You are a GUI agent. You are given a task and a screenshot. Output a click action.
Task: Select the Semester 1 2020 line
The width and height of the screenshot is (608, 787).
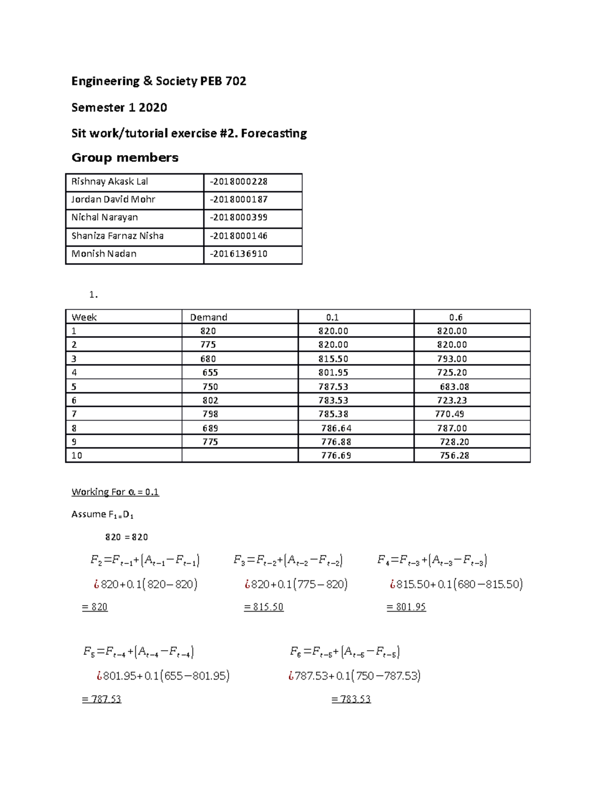point(119,107)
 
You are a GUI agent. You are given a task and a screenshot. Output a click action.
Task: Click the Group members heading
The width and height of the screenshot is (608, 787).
point(125,158)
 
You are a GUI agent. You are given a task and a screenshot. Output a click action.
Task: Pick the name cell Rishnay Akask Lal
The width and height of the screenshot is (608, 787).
point(109,181)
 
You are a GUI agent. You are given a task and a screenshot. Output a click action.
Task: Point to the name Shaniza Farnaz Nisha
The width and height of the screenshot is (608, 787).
point(117,236)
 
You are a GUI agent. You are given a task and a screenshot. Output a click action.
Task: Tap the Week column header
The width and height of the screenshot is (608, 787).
point(84,317)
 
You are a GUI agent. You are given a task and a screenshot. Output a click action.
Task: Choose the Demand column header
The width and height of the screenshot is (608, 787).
point(208,317)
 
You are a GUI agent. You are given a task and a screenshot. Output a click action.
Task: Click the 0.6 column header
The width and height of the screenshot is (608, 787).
point(455,317)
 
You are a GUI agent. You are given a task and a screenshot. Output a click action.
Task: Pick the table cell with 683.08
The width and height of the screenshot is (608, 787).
point(454,387)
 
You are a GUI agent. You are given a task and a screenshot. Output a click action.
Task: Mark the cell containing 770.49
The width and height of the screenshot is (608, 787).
point(449,414)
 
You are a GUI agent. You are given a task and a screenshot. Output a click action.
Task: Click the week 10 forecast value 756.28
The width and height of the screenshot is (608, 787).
point(454,456)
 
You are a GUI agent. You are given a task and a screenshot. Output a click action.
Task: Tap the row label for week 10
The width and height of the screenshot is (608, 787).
point(77,456)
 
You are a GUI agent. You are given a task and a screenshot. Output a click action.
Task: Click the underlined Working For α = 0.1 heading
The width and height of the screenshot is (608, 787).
point(115,492)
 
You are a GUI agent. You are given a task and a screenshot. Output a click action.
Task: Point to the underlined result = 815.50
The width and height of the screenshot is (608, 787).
point(263,607)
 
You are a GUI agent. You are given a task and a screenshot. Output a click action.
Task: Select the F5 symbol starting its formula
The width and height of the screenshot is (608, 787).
point(89,652)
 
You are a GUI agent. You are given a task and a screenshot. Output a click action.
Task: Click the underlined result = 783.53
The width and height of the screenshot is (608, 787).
point(351,699)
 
